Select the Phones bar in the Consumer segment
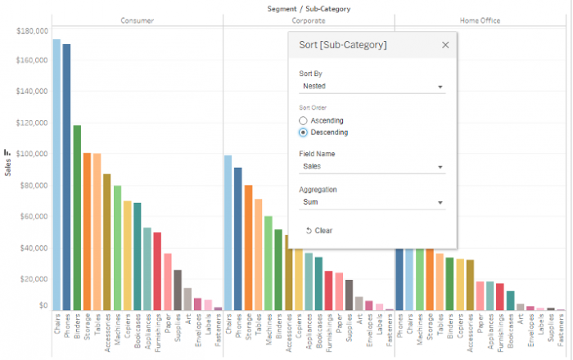66,177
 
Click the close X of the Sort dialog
445,45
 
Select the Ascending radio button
304,120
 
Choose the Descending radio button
304,132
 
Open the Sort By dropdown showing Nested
372,86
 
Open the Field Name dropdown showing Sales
372,167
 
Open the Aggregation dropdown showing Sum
372,202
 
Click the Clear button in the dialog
319,231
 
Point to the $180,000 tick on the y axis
31,30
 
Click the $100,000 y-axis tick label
31,154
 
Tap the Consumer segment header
137,20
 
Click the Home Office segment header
481,20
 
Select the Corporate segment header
308,20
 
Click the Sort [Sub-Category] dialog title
342,45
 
